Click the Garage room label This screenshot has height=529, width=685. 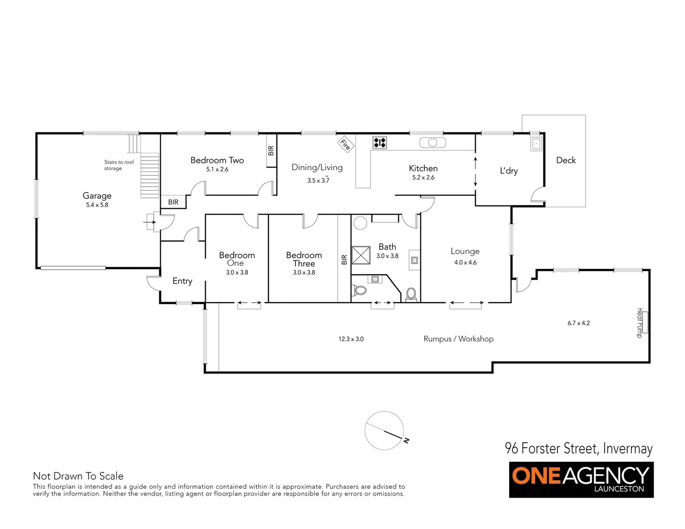pyautogui.click(x=97, y=196)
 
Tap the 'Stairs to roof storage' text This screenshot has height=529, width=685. pyautogui.click(x=119, y=165)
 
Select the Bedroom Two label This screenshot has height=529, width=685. pyautogui.click(x=217, y=160)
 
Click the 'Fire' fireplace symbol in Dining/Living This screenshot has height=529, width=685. pyautogui.click(x=345, y=144)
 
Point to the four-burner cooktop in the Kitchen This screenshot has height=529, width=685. pyautogui.click(x=380, y=143)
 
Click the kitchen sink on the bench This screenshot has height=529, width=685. pyautogui.click(x=433, y=143)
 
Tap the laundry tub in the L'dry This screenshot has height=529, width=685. pyautogui.click(x=536, y=144)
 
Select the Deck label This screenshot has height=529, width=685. pyautogui.click(x=566, y=160)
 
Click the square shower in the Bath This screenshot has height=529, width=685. pyautogui.click(x=361, y=255)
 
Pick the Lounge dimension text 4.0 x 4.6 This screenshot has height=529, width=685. pyautogui.click(x=465, y=263)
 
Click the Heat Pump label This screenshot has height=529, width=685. pyautogui.click(x=639, y=323)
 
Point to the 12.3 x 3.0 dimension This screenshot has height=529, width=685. pyautogui.click(x=351, y=339)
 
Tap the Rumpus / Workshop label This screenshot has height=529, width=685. pyautogui.click(x=458, y=339)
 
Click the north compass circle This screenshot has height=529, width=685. pyautogui.click(x=385, y=430)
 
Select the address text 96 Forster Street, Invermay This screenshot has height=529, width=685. pyautogui.click(x=579, y=448)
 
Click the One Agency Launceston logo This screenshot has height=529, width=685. pyautogui.click(x=581, y=480)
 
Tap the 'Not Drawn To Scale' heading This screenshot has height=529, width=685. pyautogui.click(x=78, y=476)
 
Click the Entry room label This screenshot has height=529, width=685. pyautogui.click(x=182, y=281)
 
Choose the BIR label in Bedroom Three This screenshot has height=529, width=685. pyautogui.click(x=344, y=260)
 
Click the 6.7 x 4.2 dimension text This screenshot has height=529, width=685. pyautogui.click(x=579, y=323)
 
